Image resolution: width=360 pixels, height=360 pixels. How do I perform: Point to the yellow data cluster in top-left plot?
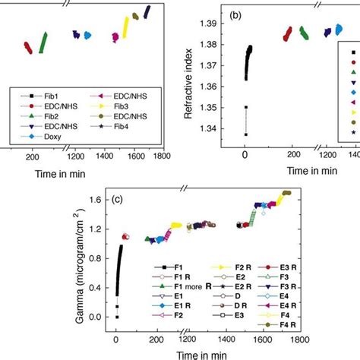coord(125,27)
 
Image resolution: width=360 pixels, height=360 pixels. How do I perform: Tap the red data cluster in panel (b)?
coord(289,33)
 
